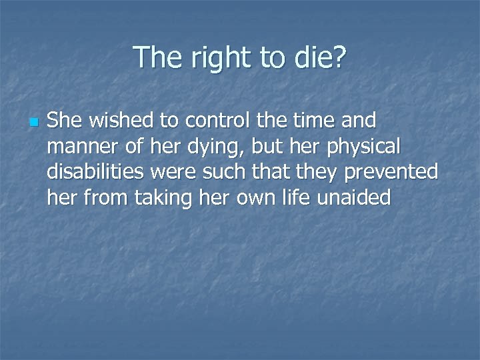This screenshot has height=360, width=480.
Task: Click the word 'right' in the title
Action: point(213,59)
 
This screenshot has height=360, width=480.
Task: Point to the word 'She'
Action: point(64,121)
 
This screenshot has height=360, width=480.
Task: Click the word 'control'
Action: point(209,121)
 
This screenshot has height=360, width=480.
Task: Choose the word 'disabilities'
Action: point(96,172)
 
